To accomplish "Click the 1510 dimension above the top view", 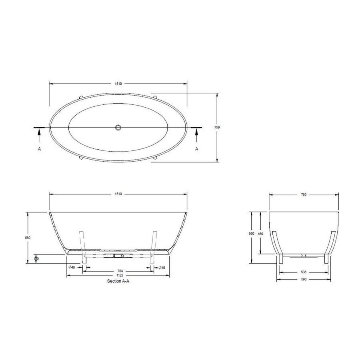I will coord(118,84).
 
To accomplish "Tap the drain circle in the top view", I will coord(118,127).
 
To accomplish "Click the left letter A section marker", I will coord(39,148).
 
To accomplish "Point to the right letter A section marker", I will coord(196,148).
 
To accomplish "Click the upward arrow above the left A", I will coord(39,136).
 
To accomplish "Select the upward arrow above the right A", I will coord(196,136).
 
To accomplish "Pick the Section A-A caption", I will coord(118,281).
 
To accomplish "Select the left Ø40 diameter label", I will coord(72,267).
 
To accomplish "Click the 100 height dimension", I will coord(36,259).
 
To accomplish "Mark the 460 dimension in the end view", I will coord(260,233).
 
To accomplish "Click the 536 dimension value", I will coord(304,272).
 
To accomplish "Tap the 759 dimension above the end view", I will coord(304,195).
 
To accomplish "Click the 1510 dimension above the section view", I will coord(118,194).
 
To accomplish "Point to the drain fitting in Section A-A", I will coord(118,255).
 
